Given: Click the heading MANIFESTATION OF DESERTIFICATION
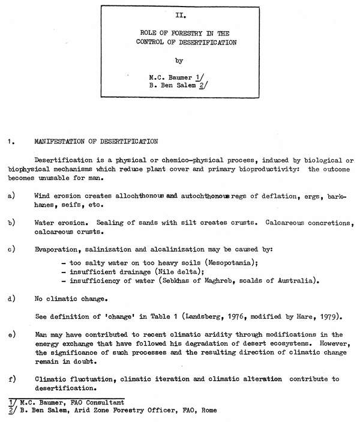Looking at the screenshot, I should click(x=96, y=142).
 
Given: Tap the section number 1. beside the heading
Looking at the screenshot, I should click(x=10, y=142).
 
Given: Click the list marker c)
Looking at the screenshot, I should click(x=11, y=248).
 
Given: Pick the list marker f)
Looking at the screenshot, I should click(x=11, y=379).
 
